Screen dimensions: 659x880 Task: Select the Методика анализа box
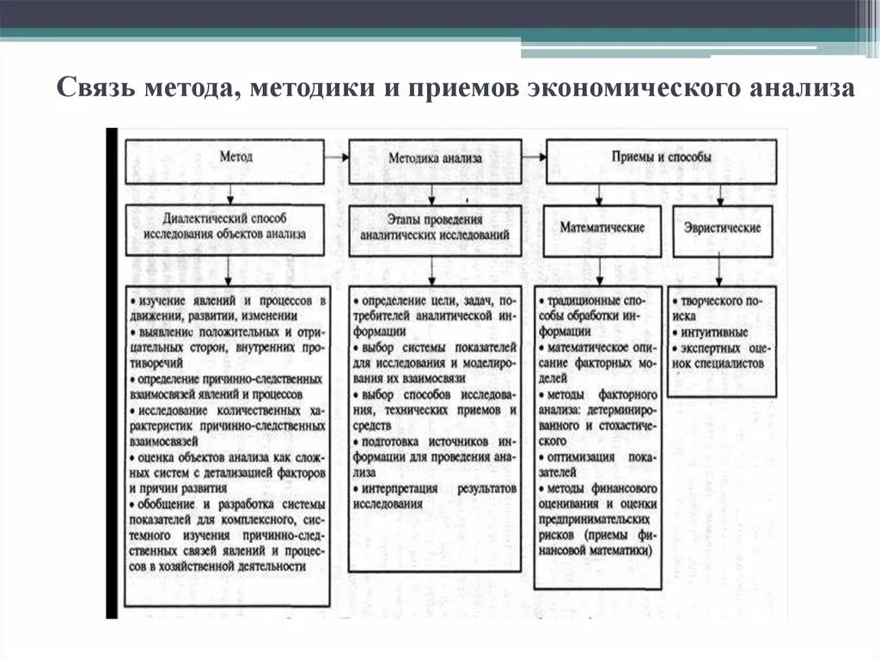(x=435, y=159)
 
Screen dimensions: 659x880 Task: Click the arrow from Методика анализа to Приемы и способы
(x=535, y=157)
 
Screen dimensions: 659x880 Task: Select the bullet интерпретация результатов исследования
(x=435, y=497)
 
